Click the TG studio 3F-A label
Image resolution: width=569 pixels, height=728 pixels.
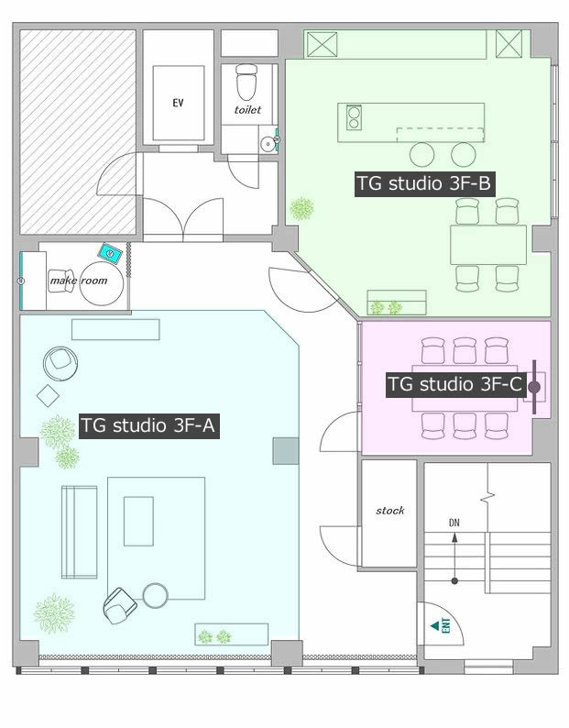[149, 425]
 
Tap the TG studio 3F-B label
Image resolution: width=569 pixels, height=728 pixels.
[423, 183]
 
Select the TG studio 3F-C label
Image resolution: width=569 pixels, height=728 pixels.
[454, 384]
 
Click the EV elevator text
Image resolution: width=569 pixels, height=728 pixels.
[178, 103]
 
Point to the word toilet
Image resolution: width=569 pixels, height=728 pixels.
[247, 110]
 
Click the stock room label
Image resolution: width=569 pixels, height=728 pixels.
[389, 511]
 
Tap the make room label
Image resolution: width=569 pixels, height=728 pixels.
[79, 281]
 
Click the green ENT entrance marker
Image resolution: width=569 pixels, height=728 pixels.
[442, 625]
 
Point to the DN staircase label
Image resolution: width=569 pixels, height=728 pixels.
[454, 523]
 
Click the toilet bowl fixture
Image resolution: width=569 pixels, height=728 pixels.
[246, 82]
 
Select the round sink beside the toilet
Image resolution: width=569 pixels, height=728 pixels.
[268, 143]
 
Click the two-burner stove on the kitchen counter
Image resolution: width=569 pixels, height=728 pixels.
[354, 117]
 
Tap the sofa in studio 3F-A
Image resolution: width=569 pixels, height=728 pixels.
[80, 532]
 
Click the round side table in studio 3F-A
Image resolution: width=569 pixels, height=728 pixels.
[156, 595]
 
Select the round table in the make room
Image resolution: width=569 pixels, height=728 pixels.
[101, 283]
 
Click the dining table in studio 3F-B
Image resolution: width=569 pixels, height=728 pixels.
[488, 245]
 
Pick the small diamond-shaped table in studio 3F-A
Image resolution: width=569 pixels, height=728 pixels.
[48, 395]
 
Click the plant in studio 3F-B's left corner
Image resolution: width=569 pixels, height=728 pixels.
[301, 208]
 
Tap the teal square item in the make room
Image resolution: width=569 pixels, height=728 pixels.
[111, 253]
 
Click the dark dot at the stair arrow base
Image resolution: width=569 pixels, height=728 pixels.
[454, 580]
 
